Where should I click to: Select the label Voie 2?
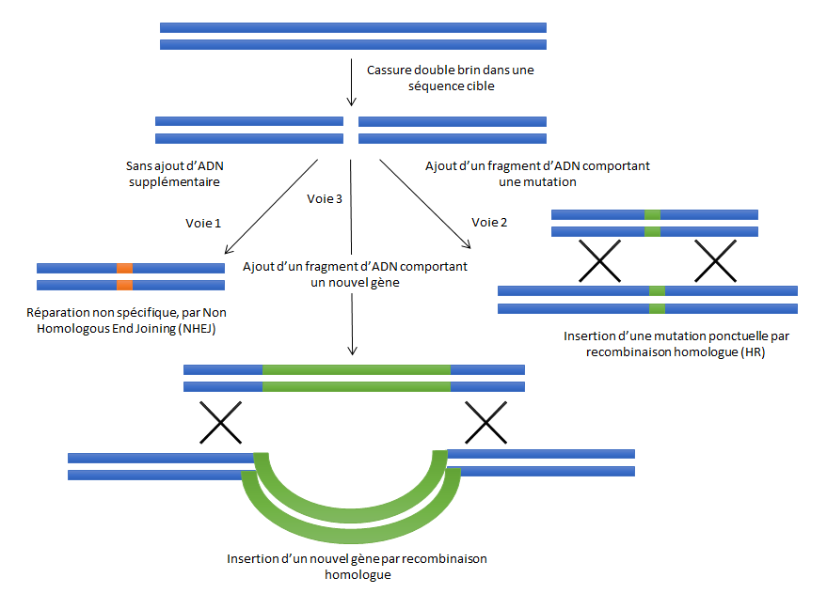(489, 223)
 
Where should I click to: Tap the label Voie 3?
(325, 198)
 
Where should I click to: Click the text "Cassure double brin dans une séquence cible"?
(451, 78)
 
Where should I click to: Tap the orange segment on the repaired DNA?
(124, 276)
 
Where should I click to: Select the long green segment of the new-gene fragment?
(356, 378)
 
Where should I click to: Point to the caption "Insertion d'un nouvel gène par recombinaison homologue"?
(357, 566)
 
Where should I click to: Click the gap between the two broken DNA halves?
(351, 131)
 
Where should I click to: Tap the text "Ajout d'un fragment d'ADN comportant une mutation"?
(537, 174)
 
